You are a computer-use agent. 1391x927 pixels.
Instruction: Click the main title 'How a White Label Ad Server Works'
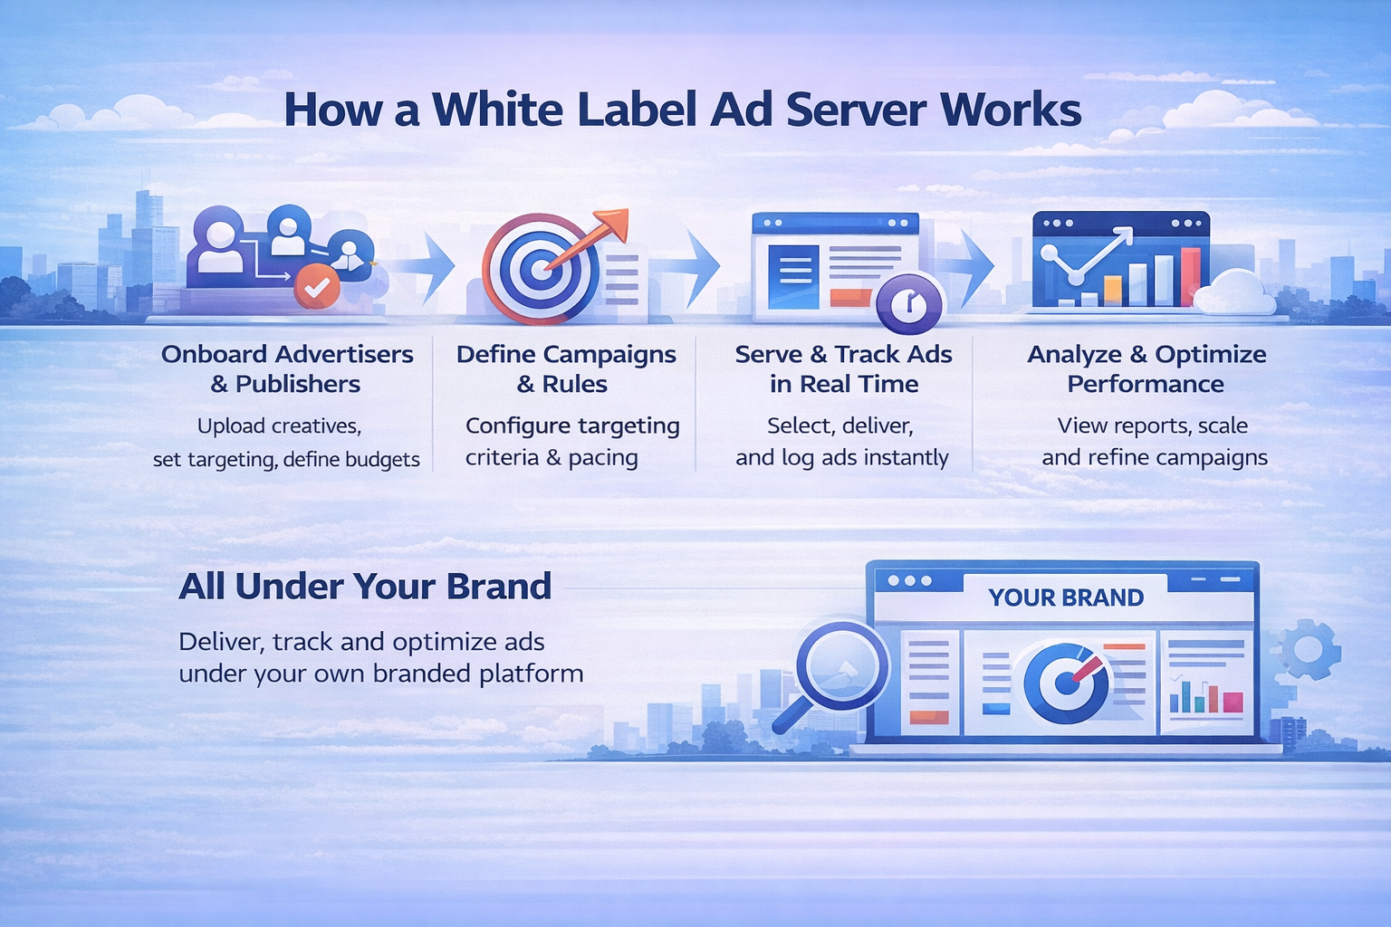(x=682, y=110)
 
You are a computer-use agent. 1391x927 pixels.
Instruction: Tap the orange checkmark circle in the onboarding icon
(x=317, y=287)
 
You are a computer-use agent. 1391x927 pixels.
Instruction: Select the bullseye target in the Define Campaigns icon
(x=541, y=269)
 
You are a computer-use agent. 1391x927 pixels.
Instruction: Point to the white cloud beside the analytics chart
(x=1235, y=291)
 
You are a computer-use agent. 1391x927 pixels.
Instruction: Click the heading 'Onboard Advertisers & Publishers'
(x=287, y=368)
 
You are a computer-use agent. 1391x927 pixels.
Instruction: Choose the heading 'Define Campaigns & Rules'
(x=566, y=368)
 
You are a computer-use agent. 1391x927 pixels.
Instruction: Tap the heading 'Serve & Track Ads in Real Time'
(x=843, y=368)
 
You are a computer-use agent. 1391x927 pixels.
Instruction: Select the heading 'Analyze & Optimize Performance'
(x=1146, y=368)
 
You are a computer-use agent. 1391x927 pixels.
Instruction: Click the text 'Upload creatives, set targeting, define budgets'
(x=286, y=442)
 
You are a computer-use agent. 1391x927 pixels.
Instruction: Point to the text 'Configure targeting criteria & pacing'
(x=572, y=441)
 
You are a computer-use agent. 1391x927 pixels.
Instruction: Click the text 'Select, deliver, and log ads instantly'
(x=841, y=441)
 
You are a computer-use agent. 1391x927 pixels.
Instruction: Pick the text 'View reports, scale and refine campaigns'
(x=1154, y=441)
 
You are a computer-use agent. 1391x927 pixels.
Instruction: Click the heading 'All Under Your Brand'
(x=365, y=587)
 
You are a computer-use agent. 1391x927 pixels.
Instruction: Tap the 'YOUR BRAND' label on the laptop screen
(x=1066, y=597)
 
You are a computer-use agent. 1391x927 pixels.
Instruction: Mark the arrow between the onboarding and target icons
(x=427, y=266)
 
